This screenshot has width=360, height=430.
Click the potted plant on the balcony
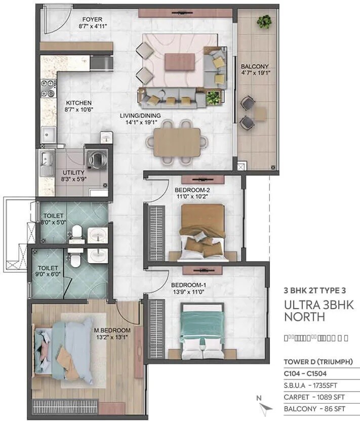263,21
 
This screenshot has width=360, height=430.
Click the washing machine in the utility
95,158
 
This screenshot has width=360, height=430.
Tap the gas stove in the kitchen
48,89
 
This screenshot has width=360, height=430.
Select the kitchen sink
49,135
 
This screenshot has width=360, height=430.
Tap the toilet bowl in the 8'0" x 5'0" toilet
76,233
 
